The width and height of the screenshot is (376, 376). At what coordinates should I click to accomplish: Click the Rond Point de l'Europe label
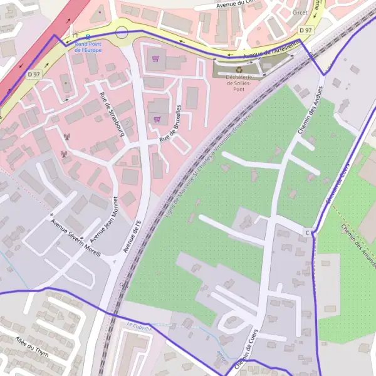point(87,48)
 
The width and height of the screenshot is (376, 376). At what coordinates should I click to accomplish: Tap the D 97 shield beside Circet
point(305,30)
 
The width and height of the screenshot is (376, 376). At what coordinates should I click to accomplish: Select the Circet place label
point(300,11)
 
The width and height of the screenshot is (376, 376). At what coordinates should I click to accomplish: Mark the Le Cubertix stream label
point(139,325)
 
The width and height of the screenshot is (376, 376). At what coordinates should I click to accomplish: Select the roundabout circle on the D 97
point(122,32)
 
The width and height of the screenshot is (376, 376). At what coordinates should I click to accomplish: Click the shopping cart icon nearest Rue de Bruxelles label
point(156,119)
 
